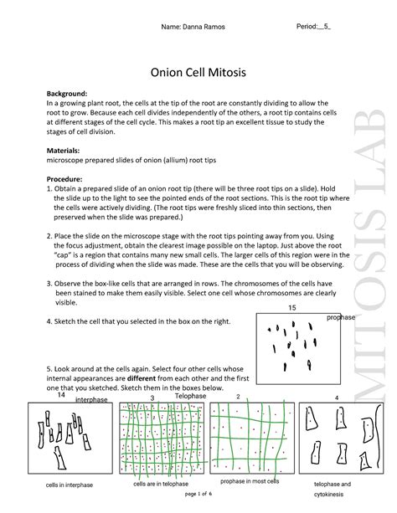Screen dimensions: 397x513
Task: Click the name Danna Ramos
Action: coord(204,27)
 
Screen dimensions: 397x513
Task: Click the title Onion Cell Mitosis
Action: coord(198,72)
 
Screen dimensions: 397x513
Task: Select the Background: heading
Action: coord(67,94)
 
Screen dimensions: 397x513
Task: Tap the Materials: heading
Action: coord(63,151)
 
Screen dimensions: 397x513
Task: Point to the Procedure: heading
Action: coord(64,179)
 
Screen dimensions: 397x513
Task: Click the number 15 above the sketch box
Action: coord(291,307)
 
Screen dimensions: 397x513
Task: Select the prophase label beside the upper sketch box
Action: coord(341,317)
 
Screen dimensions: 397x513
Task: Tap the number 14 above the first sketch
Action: coord(61,395)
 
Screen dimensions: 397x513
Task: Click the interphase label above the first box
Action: coord(91,399)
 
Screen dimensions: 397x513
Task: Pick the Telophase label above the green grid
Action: coord(190,396)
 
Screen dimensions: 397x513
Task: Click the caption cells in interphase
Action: coord(70,485)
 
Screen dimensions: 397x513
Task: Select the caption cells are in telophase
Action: coord(161,484)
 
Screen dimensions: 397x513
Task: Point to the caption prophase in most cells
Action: coord(250,481)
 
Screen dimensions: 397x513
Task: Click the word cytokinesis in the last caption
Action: coord(328,495)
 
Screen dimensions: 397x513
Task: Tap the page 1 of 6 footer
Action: coord(198,494)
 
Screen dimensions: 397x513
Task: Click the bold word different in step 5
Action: coord(142,378)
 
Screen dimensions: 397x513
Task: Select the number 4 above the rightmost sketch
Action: coord(337,398)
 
